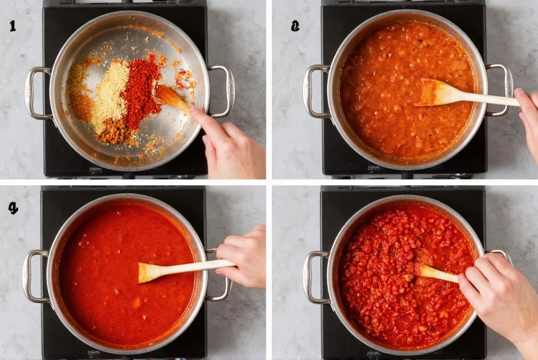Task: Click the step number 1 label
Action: tap(13, 26)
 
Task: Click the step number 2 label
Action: tap(295, 26)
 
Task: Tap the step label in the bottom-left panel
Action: tap(13, 208)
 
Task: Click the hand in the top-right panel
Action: tap(528, 120)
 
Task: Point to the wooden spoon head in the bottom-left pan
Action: tap(150, 273)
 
